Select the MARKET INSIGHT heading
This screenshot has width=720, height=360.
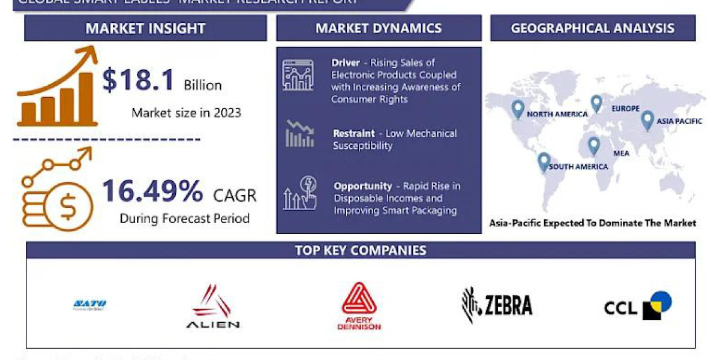click(x=145, y=28)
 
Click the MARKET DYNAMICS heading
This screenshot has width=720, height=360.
click(x=379, y=28)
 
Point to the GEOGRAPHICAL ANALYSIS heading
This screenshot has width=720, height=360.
click(x=592, y=28)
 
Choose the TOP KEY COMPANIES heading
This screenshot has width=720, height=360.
click(x=361, y=250)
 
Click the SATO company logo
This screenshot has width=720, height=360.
click(x=89, y=305)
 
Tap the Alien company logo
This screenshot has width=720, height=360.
click(x=213, y=307)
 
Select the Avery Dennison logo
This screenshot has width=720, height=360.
click(x=359, y=306)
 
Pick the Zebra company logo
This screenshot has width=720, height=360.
click(x=497, y=305)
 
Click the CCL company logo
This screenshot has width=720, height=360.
click(x=637, y=305)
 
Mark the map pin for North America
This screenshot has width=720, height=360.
click(x=518, y=109)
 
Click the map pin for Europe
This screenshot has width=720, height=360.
click(x=596, y=104)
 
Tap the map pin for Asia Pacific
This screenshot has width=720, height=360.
click(x=647, y=121)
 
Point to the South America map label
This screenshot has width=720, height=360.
click(x=578, y=166)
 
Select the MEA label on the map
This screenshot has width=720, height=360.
click(x=621, y=153)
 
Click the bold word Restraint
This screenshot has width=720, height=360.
click(x=354, y=133)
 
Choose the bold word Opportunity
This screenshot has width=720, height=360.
click(x=363, y=186)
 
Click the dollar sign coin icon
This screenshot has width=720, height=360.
click(x=67, y=206)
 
